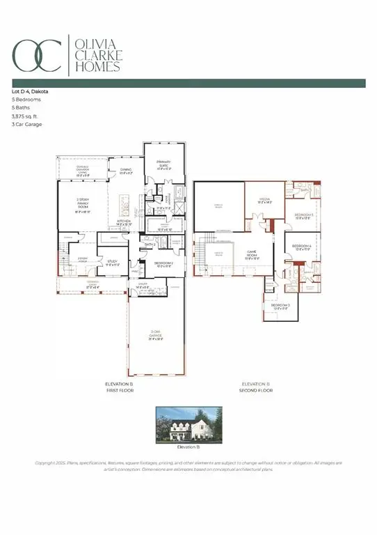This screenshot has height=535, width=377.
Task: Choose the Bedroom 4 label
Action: pos(300,247)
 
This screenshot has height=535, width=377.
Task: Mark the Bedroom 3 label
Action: pos(279,307)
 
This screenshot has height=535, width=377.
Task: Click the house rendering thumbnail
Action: pos(188,424)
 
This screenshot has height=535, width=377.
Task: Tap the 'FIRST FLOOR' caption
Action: pos(119,391)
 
